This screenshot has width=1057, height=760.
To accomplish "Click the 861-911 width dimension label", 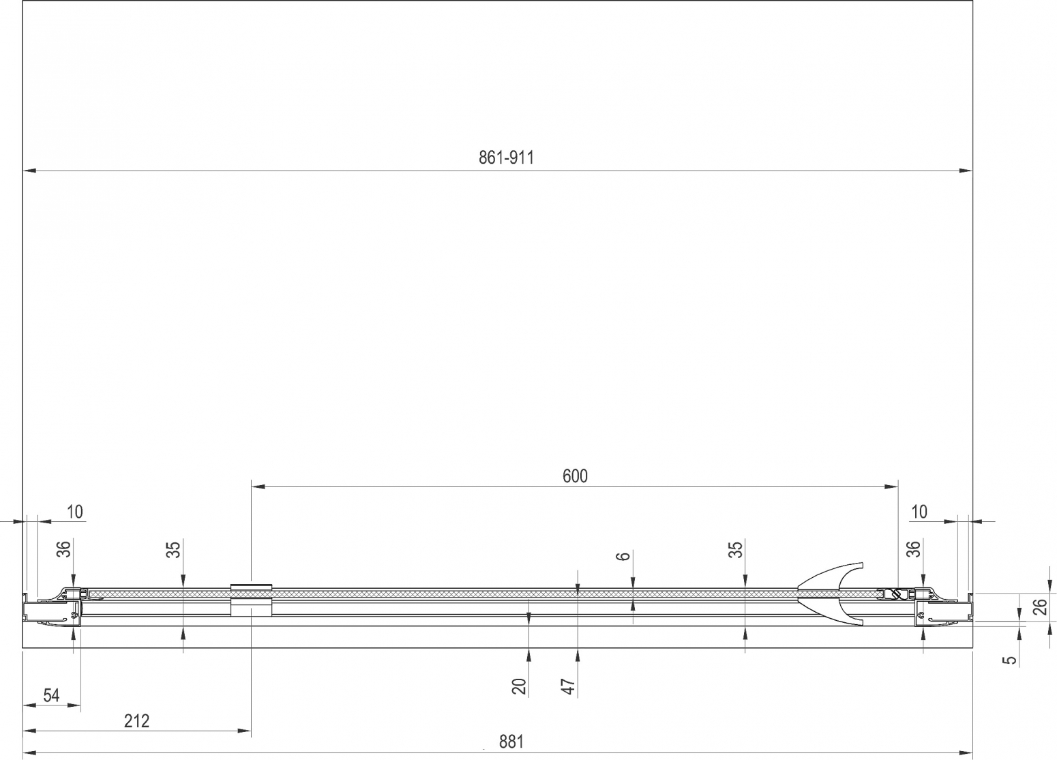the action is (506, 158).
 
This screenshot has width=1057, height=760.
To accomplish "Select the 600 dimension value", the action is (575, 476).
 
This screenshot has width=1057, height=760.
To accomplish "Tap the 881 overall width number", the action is (511, 742).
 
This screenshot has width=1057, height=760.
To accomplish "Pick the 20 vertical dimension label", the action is (519, 686).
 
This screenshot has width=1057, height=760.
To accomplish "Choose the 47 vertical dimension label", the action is (569, 686).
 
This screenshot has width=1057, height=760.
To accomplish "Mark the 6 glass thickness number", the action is (623, 556).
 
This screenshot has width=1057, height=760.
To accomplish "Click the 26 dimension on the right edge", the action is (1039, 607).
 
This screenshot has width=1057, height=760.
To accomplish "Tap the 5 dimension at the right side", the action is (1010, 660).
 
